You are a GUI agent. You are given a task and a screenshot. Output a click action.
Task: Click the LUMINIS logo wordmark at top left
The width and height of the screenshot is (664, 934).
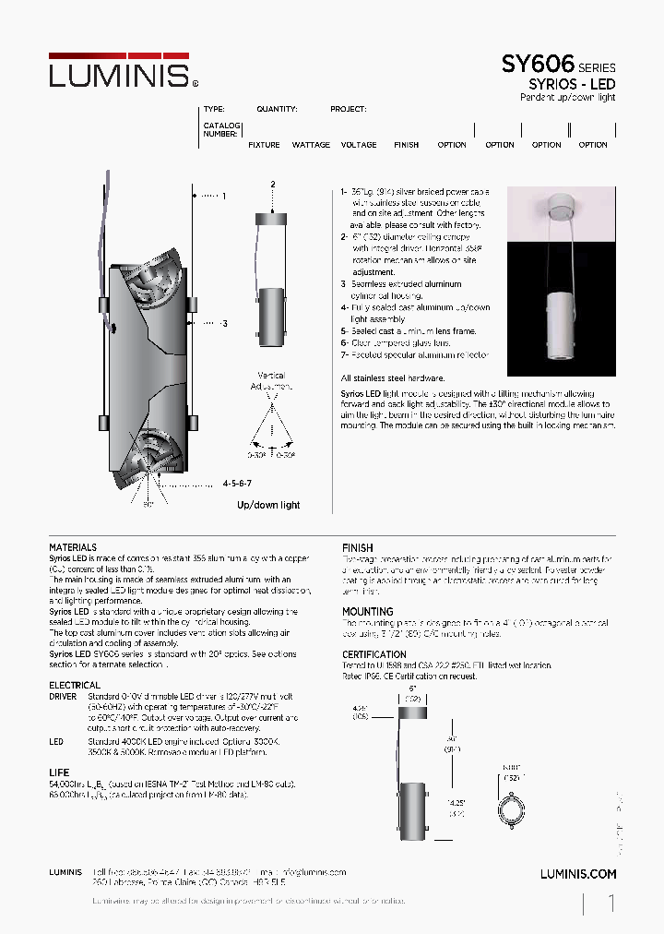118,74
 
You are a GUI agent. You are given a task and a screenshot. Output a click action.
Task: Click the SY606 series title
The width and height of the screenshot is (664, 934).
538,65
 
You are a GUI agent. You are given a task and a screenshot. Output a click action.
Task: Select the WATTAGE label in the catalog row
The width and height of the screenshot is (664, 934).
311,145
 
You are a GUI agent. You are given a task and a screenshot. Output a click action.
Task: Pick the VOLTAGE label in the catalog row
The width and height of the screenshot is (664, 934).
359,145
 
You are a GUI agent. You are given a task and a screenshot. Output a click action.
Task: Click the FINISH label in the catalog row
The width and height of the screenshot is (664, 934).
406,145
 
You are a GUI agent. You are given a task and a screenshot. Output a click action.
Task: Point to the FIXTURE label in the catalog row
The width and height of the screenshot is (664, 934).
265,145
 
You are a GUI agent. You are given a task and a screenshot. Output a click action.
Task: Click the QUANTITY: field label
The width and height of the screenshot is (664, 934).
277,109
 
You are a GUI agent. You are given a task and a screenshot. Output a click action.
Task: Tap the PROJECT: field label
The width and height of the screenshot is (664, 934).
348,109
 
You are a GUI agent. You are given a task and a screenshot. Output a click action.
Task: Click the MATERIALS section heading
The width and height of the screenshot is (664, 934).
73,547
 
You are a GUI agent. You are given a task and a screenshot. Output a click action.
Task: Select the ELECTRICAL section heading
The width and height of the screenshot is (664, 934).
75,686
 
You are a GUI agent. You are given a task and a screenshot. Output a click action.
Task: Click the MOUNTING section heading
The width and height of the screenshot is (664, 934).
367,612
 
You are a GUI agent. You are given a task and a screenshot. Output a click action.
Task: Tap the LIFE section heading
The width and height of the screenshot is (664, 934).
58,772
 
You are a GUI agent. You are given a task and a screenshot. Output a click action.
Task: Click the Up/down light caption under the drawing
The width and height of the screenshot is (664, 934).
268,505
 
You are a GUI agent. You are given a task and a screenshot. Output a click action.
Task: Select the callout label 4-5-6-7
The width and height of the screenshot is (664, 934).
237,483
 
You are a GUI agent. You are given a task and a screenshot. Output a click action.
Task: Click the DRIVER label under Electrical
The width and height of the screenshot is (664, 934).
64,698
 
